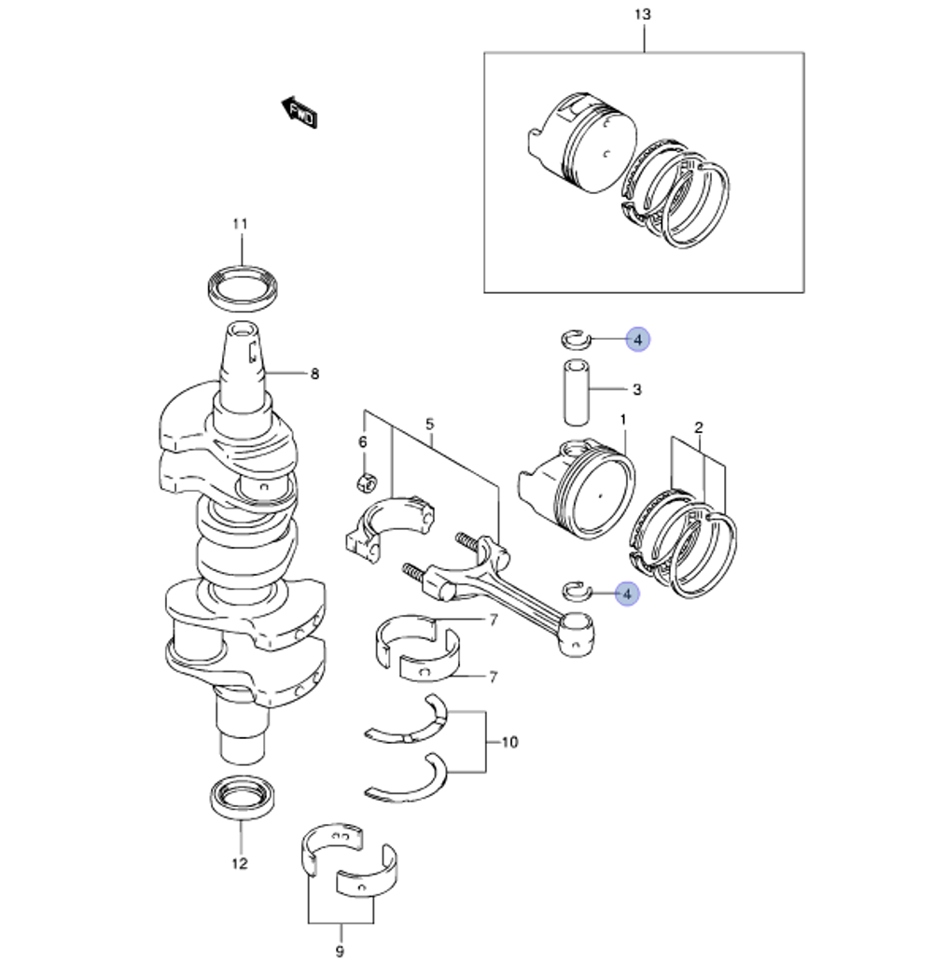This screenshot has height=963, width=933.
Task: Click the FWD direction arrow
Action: [x=299, y=112]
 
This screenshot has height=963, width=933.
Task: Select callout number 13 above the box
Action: [x=642, y=15]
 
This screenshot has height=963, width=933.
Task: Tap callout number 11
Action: [x=241, y=224]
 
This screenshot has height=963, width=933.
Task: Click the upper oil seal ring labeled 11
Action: [x=241, y=287]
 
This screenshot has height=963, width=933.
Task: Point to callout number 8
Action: [x=314, y=374]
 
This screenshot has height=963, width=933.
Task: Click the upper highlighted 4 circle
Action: [x=637, y=341]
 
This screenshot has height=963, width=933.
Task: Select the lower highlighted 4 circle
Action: [x=627, y=593]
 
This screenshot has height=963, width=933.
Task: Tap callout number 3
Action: [x=636, y=389]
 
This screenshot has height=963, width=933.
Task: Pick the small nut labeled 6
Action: [x=367, y=482]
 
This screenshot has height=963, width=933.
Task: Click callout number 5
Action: [x=429, y=425]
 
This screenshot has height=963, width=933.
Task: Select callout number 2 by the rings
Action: [x=698, y=428]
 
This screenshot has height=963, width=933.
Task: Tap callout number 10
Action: [x=509, y=743]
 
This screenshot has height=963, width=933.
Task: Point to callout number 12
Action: [x=240, y=862]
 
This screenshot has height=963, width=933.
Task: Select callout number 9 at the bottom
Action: [x=339, y=952]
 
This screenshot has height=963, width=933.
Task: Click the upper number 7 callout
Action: [x=494, y=621]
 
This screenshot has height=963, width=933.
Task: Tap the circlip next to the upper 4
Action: [x=574, y=337]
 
